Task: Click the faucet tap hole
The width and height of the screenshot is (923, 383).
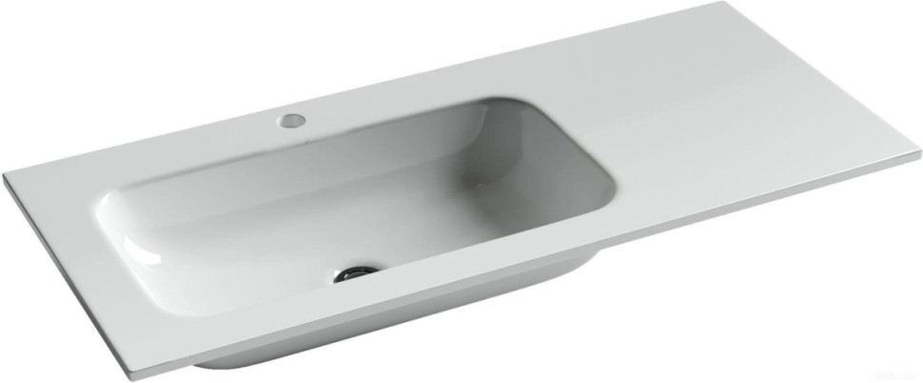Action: click(292, 121)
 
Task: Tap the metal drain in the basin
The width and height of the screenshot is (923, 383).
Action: click(355, 273)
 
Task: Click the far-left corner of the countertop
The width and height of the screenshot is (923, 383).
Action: click(5, 177)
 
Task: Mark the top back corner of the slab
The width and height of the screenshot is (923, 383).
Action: click(715, 5)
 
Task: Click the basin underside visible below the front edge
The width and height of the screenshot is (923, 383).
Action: click(400, 324)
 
